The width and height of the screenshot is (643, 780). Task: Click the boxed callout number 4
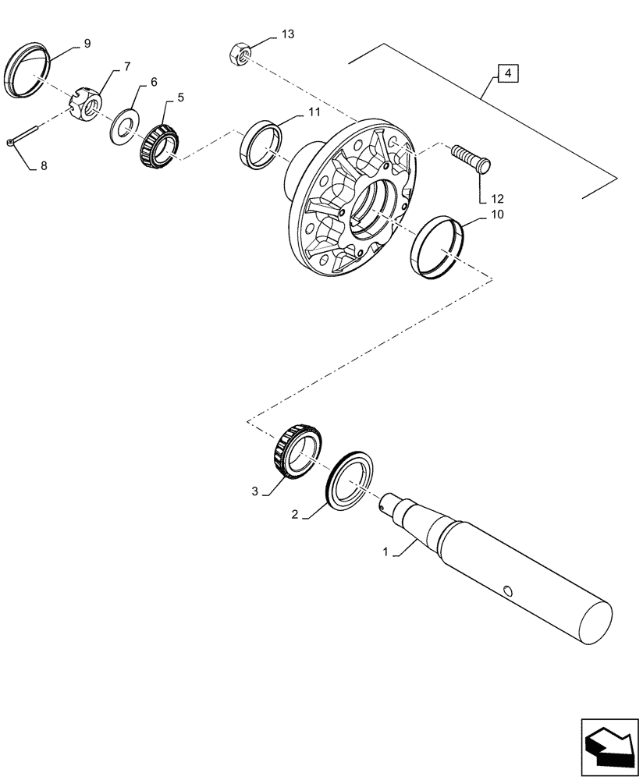[507, 74]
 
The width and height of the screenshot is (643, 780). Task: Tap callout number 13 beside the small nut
[267, 34]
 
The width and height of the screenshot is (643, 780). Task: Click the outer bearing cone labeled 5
[158, 142]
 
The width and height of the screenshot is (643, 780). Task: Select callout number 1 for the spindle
[385, 551]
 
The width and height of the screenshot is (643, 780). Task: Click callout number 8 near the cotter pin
[44, 165]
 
